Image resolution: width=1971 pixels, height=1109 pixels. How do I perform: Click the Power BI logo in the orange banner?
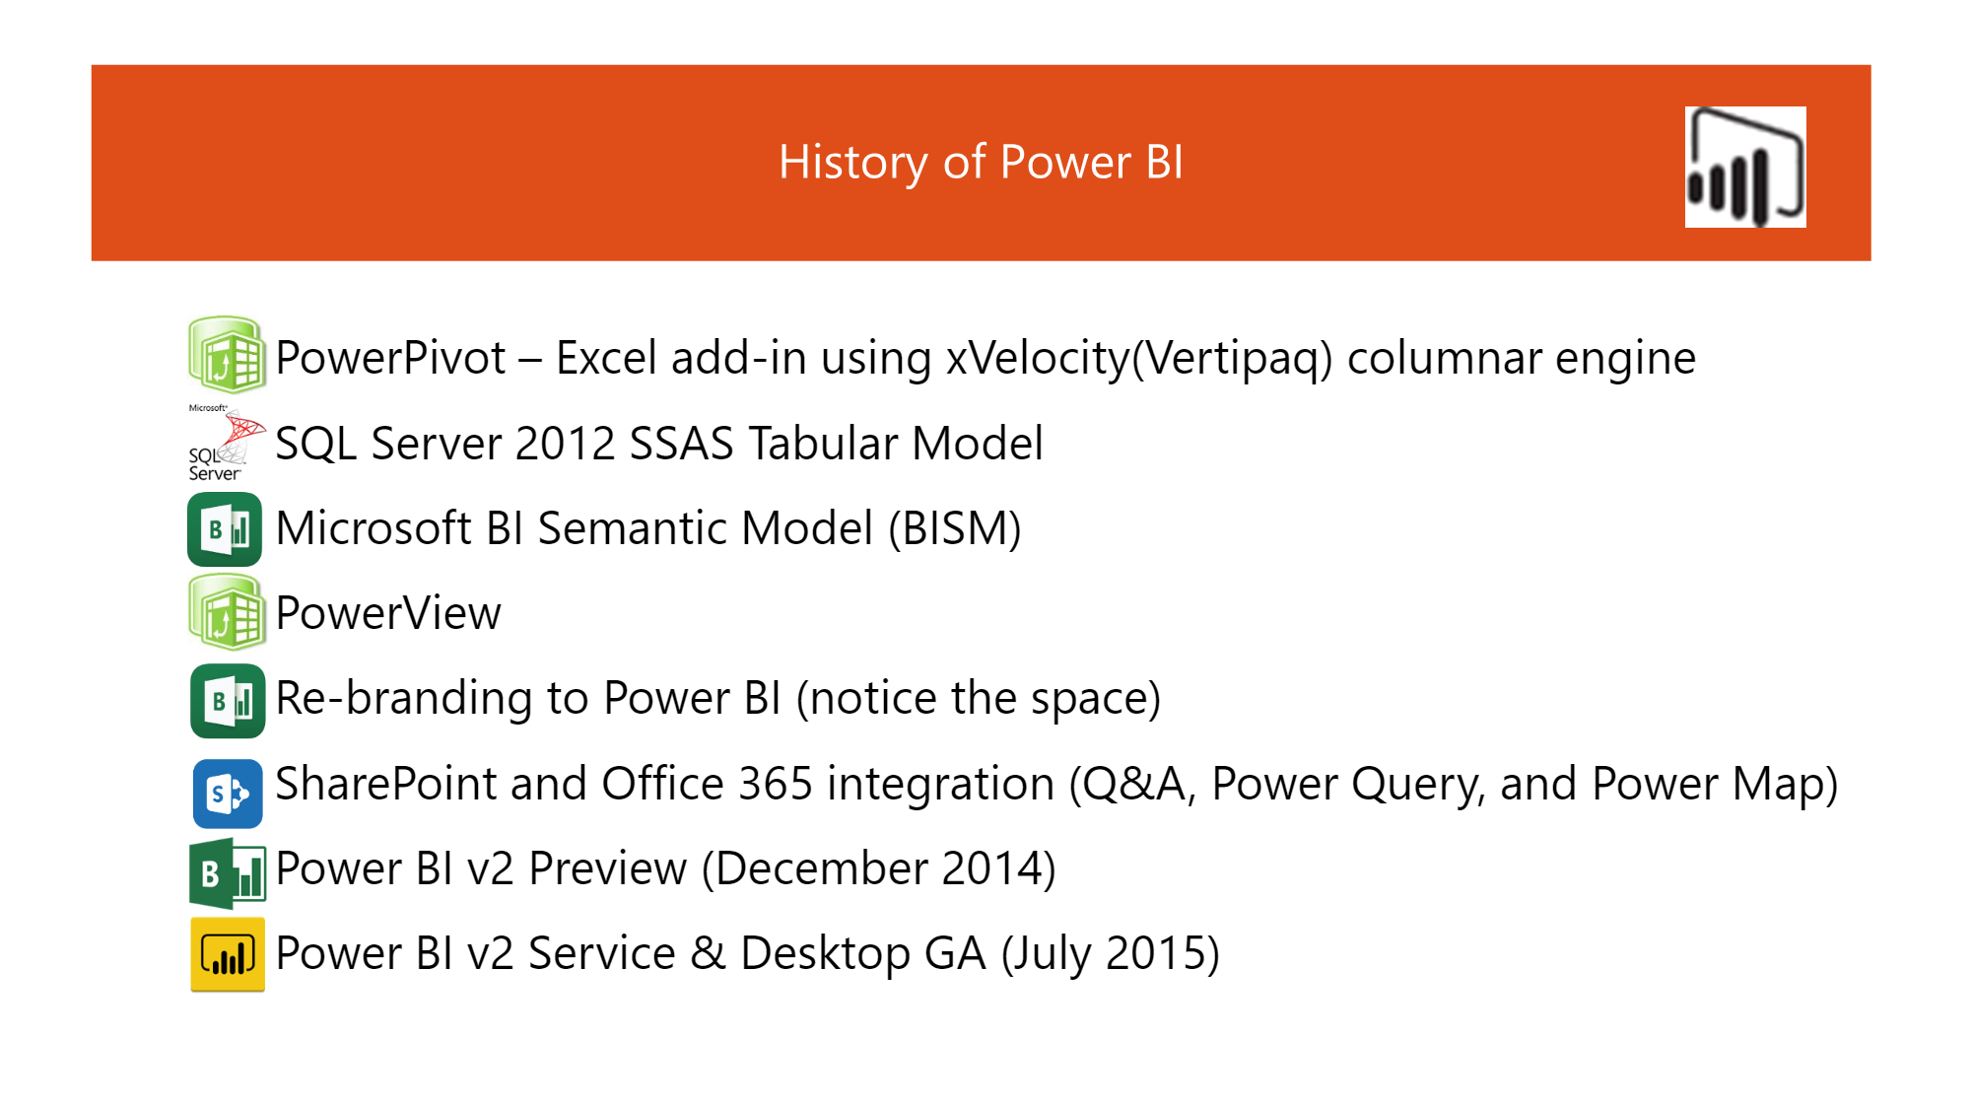(x=1745, y=167)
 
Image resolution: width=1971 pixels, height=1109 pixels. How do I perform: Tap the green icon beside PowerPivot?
(x=227, y=354)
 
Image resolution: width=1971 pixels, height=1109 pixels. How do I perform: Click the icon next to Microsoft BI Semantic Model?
(x=225, y=529)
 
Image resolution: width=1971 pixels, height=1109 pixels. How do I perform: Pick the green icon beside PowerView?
(x=227, y=612)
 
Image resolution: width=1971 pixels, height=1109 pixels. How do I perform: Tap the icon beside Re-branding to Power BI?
(x=228, y=701)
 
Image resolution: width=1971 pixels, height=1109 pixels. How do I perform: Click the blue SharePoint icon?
(x=228, y=794)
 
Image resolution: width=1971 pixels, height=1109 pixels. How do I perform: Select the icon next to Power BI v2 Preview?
(x=228, y=873)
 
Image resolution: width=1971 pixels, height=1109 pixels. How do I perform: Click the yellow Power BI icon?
(x=228, y=954)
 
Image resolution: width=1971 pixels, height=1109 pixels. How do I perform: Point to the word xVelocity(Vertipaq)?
(x=1139, y=359)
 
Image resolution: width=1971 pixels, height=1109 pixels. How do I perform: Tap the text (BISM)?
(x=954, y=529)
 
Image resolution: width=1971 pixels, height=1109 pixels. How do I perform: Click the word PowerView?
(x=388, y=613)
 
